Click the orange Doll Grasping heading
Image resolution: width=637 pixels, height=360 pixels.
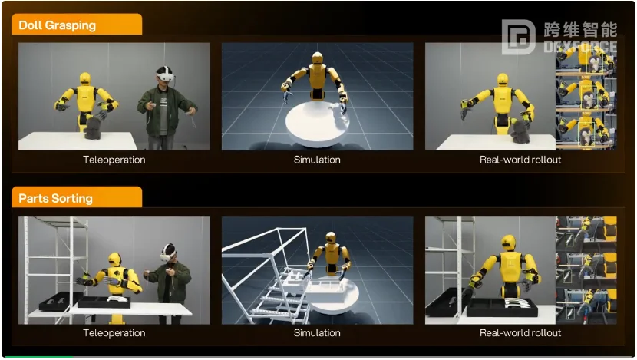tap(58, 25)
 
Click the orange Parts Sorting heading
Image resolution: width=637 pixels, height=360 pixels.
tap(56, 198)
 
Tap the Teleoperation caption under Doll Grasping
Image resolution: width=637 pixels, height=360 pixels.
tap(114, 160)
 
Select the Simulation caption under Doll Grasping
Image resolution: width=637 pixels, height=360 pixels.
tap(317, 160)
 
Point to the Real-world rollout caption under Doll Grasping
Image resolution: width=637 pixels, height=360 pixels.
tap(520, 160)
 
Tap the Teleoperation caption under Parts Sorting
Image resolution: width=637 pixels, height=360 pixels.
tap(114, 333)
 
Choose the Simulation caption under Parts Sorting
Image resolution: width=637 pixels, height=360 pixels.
tap(317, 333)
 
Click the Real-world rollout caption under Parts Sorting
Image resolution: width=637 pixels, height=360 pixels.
tap(520, 333)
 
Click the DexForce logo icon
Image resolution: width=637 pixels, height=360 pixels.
tap(518, 37)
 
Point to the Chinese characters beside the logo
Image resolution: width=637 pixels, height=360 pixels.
tap(580, 30)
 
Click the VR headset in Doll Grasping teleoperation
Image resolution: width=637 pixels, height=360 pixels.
tap(166, 76)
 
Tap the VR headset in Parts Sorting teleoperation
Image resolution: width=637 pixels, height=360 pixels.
tap(168, 256)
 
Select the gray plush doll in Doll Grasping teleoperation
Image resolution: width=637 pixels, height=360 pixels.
tap(93, 127)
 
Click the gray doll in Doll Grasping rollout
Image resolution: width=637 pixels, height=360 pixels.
tap(520, 130)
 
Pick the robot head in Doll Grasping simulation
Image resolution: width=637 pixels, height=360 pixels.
tap(317, 58)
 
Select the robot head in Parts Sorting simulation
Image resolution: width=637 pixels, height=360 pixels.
tap(331, 238)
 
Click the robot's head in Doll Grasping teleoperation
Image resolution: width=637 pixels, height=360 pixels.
tap(85, 78)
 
